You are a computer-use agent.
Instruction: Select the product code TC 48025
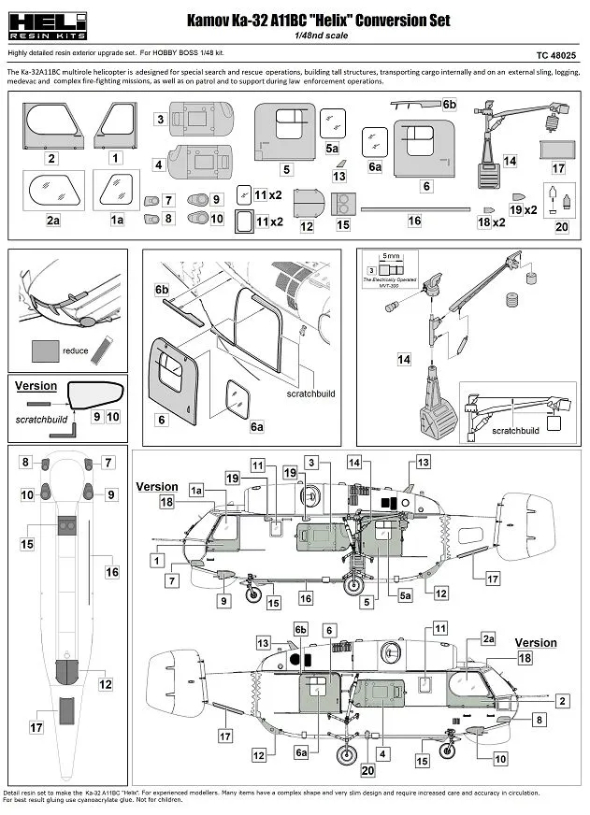555,56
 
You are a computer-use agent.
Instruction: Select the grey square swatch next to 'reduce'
42,350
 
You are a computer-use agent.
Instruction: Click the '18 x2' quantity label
491,223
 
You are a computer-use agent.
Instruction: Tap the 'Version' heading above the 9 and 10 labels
36,385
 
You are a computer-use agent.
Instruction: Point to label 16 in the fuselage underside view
112,571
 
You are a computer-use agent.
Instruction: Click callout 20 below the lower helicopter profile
367,770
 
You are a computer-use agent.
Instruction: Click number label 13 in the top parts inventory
338,176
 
